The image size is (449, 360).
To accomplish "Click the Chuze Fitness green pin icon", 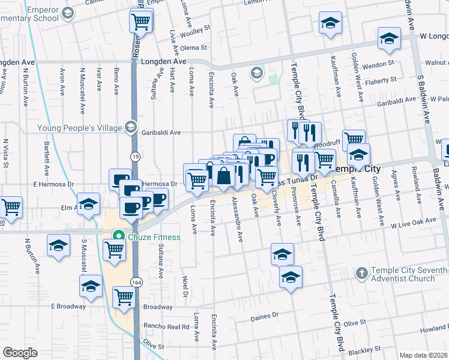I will coord(119,236).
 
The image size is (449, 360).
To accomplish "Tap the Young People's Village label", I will coord(79,127).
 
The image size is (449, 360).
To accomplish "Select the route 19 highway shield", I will coord(136,156).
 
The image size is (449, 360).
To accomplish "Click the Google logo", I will coord(20,352).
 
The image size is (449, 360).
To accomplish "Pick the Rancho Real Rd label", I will coord(166,327).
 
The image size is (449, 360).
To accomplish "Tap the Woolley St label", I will coord(199,28).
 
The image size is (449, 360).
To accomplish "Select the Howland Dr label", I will coord(433,330).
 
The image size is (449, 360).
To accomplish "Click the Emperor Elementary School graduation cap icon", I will coord(68,13).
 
